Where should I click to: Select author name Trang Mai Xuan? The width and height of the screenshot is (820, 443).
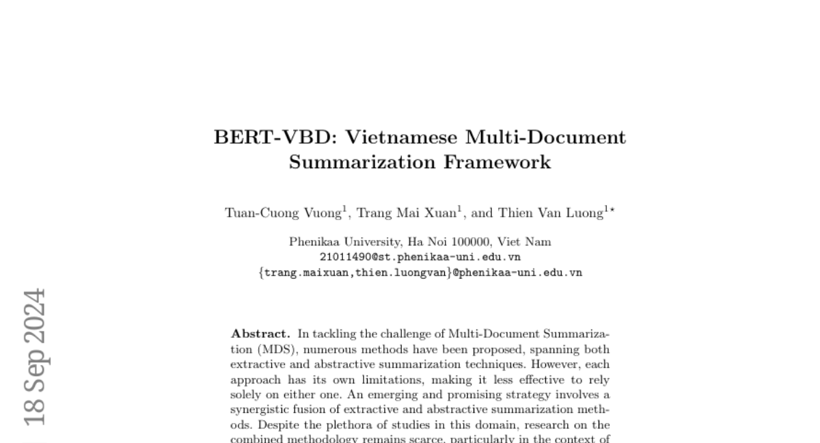click(x=407, y=213)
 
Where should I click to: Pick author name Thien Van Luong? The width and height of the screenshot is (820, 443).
click(x=551, y=213)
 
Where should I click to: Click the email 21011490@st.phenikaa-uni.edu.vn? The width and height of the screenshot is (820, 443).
click(x=420, y=257)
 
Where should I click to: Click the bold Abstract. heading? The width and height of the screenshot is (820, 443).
click(x=260, y=334)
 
